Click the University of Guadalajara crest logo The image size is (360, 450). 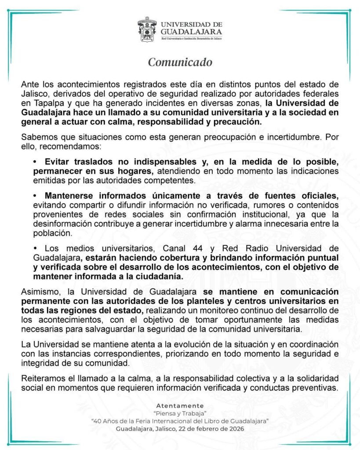(148, 29)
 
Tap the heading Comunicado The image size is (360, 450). (180, 62)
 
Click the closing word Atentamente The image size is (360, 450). (180, 406)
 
